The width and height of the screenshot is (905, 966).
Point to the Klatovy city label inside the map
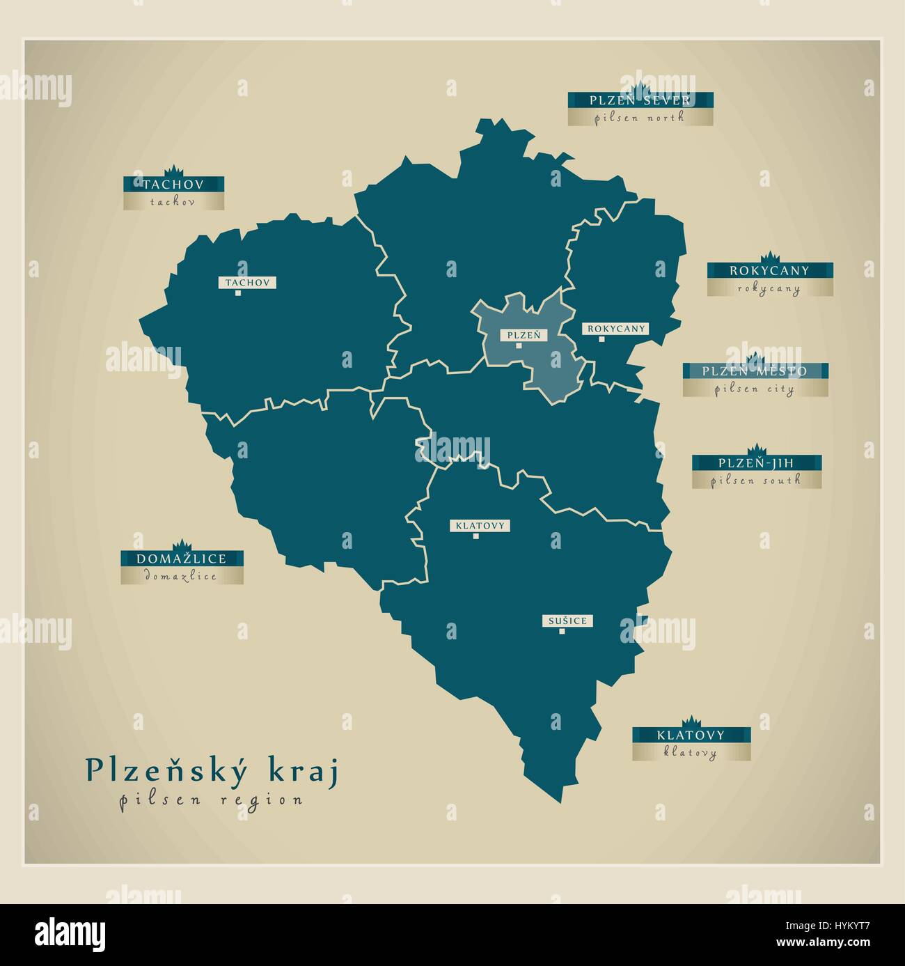point(480,526)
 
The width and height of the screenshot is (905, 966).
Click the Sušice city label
point(567,621)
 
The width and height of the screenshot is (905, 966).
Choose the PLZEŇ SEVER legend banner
point(640,100)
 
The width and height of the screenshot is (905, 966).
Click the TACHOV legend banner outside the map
point(173,184)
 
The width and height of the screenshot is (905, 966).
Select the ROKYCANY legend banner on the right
point(769,270)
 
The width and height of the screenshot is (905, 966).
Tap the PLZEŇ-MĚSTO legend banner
point(755,371)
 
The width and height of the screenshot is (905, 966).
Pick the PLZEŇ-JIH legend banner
point(756,462)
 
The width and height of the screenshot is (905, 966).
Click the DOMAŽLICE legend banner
point(181,559)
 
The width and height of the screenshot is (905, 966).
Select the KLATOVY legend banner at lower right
point(691,735)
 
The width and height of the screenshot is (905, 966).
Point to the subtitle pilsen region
point(211,800)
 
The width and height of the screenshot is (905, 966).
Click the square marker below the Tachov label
point(237,293)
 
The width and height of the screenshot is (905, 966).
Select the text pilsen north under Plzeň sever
point(640,118)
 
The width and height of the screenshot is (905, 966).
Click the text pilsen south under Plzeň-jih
point(756,480)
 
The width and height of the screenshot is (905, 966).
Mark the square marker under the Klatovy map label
point(476,536)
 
